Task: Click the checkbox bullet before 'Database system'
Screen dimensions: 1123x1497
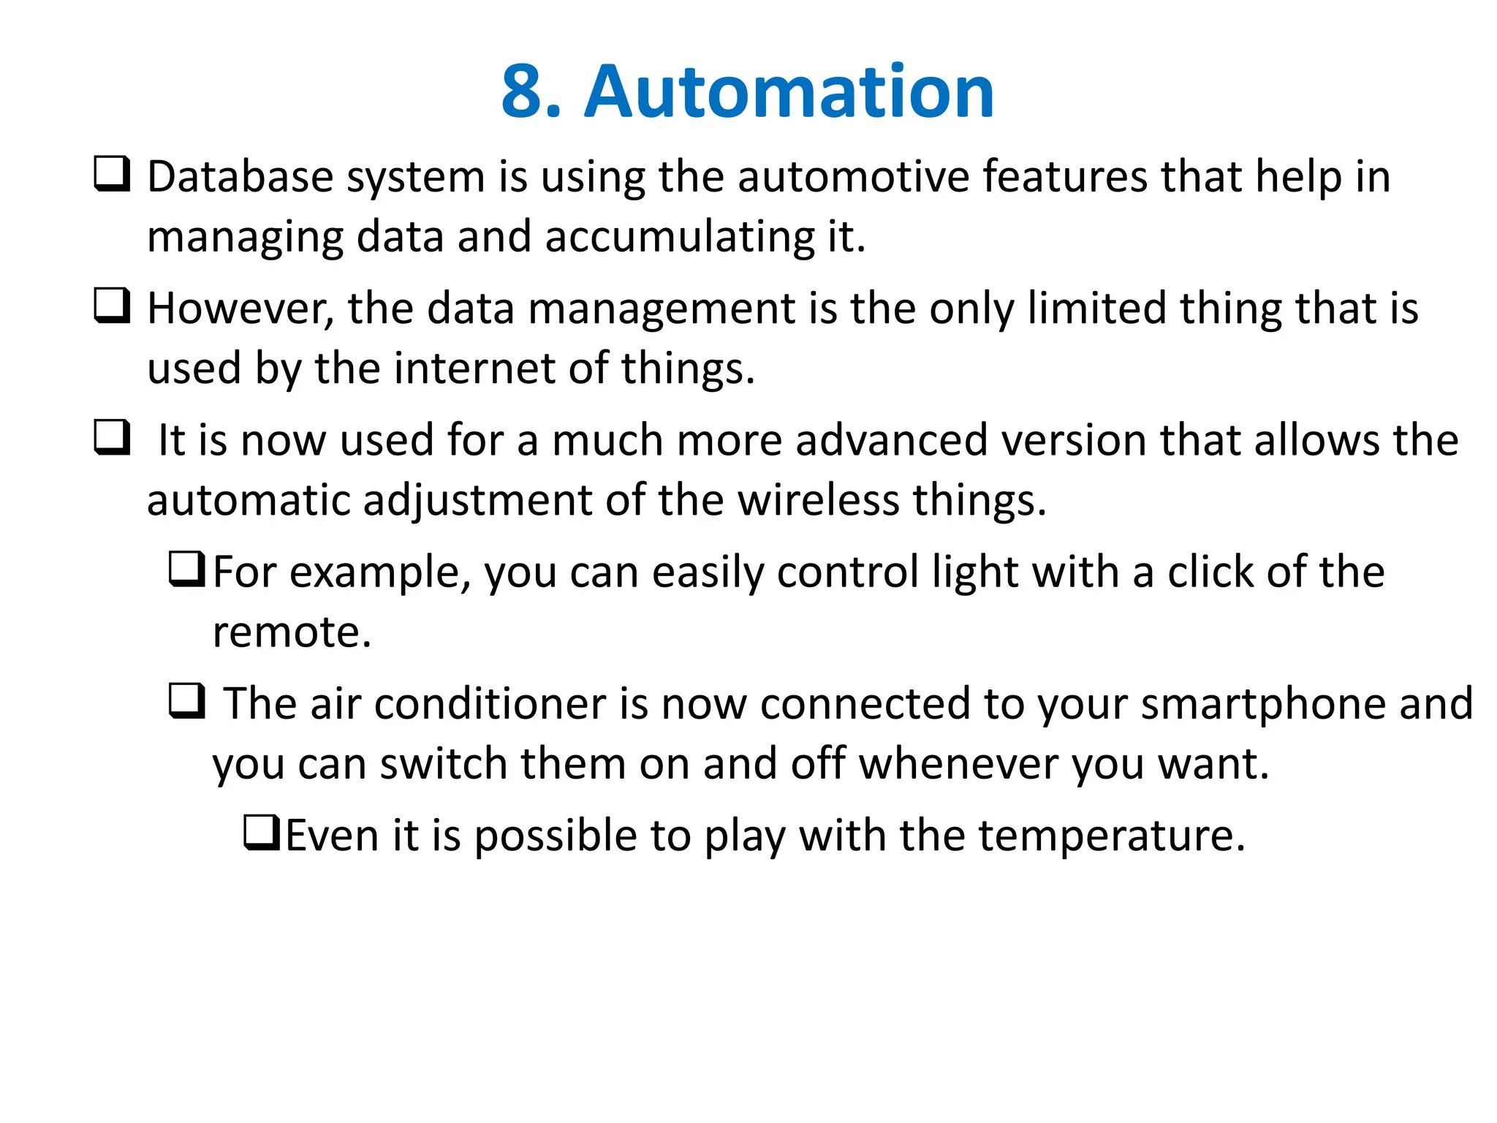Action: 113,174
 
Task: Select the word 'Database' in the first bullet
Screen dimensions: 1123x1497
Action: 240,177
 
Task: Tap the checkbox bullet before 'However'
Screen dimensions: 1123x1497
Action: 113,306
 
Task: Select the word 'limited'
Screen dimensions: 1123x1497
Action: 1096,309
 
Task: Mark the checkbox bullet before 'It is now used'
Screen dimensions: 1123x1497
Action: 113,437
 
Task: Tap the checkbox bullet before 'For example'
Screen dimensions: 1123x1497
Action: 187,569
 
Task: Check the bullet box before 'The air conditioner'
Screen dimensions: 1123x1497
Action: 187,700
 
